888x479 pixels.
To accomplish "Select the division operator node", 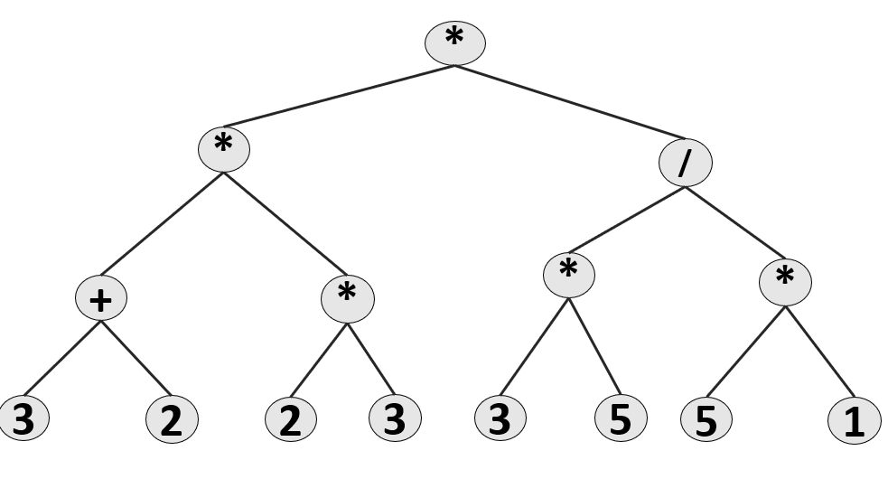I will [686, 163].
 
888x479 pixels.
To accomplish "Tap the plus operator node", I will [102, 299].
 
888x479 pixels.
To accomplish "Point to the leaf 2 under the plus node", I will [171, 421].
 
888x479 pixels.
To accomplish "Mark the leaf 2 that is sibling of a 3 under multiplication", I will [290, 421].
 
